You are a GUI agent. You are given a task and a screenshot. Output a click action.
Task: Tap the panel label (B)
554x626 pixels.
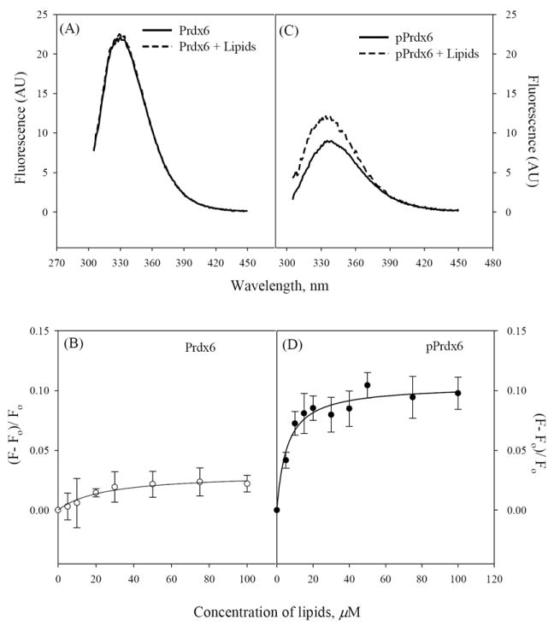72,346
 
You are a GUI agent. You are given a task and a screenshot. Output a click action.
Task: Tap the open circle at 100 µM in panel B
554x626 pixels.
246,483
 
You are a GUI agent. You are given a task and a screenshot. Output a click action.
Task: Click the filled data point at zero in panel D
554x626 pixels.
277,510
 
